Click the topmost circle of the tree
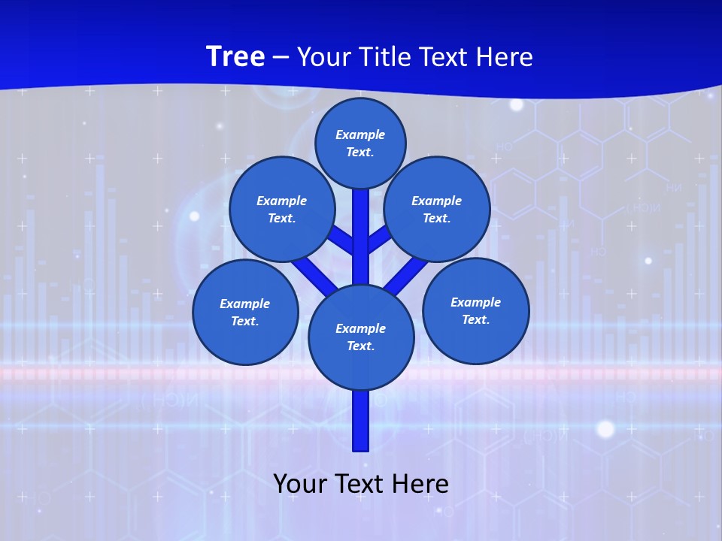[360, 143]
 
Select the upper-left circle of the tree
[282, 209]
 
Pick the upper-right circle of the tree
[437, 209]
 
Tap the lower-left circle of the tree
[245, 312]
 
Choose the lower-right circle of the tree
[476, 310]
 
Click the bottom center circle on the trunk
[361, 337]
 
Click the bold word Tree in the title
[235, 56]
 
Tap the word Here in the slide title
[504, 57]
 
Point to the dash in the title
[281, 57]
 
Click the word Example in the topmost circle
[360, 134]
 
